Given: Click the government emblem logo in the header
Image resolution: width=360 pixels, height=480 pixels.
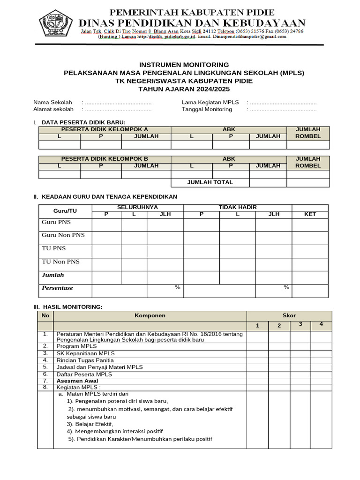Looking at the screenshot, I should pyautogui.click(x=56, y=22).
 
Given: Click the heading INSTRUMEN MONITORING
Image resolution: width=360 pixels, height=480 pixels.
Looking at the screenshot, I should pyautogui.click(x=184, y=65).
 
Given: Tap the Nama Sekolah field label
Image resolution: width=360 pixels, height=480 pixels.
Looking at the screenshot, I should pyautogui.click(x=52, y=102).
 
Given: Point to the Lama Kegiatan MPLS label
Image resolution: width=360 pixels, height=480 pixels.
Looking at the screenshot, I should pyautogui.click(x=210, y=102).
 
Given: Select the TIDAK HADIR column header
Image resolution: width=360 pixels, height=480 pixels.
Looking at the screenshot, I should pyautogui.click(x=238, y=207).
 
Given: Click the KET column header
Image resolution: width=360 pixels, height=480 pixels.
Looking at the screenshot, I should pyautogui.click(x=310, y=214).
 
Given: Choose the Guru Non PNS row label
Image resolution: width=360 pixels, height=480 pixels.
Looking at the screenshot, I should pyautogui.click(x=63, y=235).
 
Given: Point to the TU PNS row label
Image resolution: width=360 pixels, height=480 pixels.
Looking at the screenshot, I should pyautogui.click(x=54, y=248).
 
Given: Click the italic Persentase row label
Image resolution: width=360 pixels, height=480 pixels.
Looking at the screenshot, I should pyautogui.click(x=58, y=288).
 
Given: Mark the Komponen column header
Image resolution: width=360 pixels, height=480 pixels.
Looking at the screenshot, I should pyautogui.click(x=150, y=315).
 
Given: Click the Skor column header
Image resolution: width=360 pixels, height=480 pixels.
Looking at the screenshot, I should pyautogui.click(x=289, y=315).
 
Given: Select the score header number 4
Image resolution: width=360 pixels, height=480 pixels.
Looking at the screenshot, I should pyautogui.click(x=321, y=324).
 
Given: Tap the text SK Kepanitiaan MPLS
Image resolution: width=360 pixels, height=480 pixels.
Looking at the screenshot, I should pyautogui.click(x=86, y=353).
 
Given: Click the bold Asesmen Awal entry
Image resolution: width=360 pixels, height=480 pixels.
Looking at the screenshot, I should pyautogui.click(x=77, y=381).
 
